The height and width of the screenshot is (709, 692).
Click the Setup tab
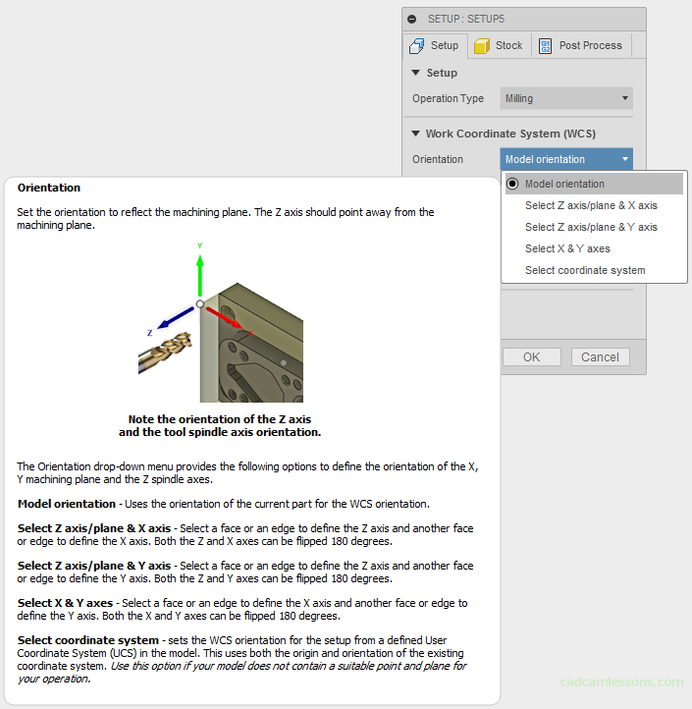click(435, 45)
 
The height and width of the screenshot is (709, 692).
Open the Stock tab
click(499, 45)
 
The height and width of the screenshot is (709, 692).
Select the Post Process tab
click(580, 45)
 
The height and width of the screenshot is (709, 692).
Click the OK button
click(531, 356)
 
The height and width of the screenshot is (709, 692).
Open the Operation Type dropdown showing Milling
click(566, 98)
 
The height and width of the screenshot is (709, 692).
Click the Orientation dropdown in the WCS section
click(566, 159)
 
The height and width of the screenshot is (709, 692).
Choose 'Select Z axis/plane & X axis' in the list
click(591, 205)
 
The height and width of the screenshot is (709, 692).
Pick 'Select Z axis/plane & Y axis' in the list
click(591, 227)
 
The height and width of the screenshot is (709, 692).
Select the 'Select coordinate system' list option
click(585, 270)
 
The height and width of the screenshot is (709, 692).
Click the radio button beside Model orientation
click(512, 184)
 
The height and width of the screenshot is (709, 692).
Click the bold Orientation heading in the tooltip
click(49, 188)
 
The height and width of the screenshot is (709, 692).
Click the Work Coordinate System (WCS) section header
click(509, 134)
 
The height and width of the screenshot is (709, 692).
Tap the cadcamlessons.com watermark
click(621, 682)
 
